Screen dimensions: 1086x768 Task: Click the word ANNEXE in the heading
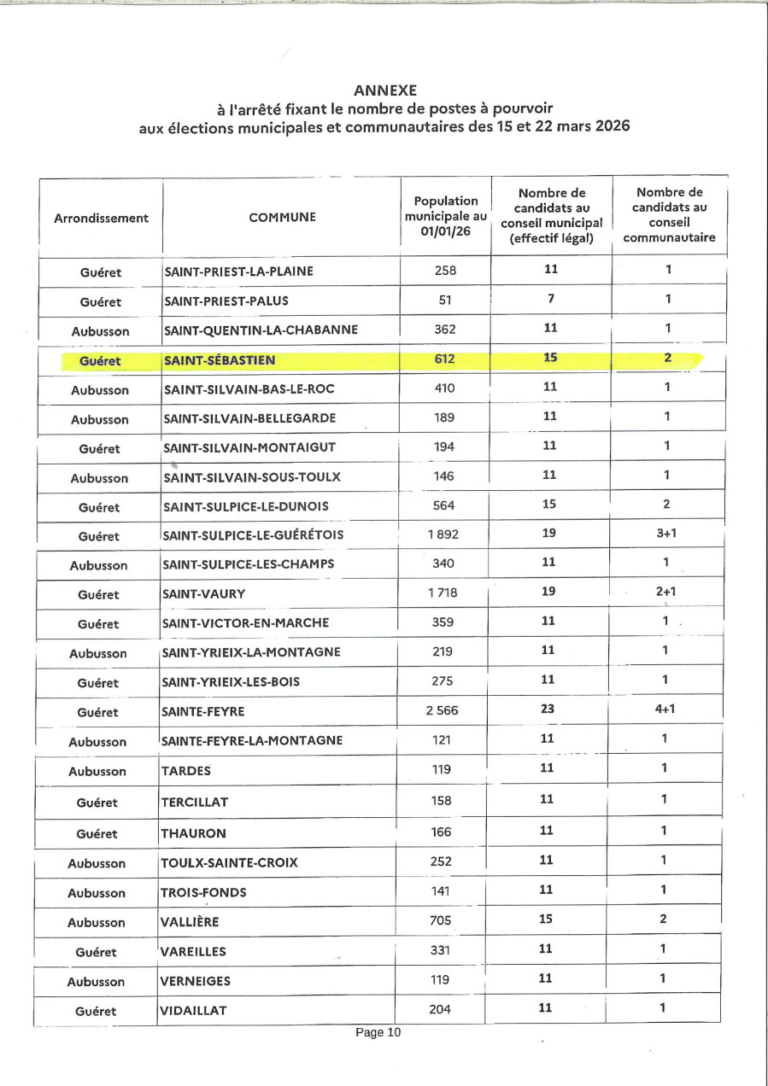coord(384,90)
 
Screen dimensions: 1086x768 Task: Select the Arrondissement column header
coord(101,218)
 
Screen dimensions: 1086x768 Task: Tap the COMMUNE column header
coord(282,218)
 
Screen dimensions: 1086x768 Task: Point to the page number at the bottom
coord(378,1032)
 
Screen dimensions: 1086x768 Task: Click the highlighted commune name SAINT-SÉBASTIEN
coord(219,360)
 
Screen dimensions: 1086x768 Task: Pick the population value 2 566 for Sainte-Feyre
coord(443,710)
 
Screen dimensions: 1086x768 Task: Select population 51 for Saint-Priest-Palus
coord(444,300)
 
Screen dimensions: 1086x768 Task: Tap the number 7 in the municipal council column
coord(550,299)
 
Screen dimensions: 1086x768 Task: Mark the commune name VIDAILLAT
coord(194,1011)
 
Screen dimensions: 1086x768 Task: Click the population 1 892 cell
coord(443,535)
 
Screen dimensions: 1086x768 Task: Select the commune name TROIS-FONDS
coord(203,892)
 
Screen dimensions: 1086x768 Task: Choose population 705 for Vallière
coord(442,920)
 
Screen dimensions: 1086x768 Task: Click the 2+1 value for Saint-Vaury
coord(665,591)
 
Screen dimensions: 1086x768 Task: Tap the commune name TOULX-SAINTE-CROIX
coord(229,862)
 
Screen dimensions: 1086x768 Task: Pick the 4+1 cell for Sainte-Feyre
coord(665,709)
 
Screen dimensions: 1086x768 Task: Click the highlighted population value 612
coord(444,359)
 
